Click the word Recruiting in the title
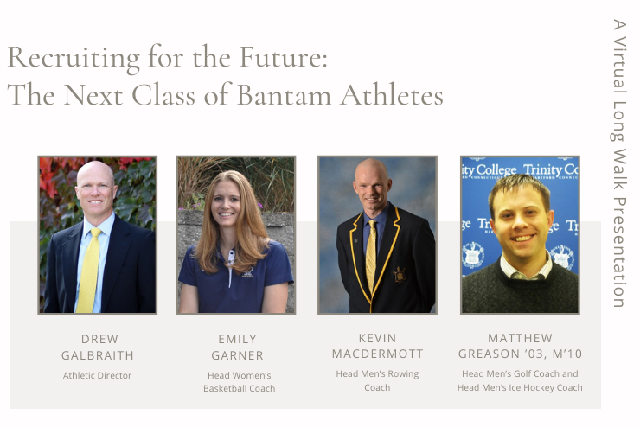[74, 59]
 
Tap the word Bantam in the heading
[284, 95]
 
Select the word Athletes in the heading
[392, 95]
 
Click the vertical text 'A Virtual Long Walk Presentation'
[619, 163]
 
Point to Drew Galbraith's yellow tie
[89, 270]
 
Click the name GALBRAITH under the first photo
[98, 355]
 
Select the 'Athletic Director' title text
[97, 375]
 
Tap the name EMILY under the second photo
[237, 339]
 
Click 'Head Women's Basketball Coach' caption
[240, 382]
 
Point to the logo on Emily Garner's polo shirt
[247, 273]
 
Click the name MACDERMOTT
[378, 354]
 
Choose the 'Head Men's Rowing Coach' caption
[377, 380]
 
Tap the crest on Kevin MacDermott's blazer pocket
[399, 275]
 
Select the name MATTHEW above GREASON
[520, 338]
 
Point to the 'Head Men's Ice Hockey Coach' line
[520, 387]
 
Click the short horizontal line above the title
[39, 29]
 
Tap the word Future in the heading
[284, 57]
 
